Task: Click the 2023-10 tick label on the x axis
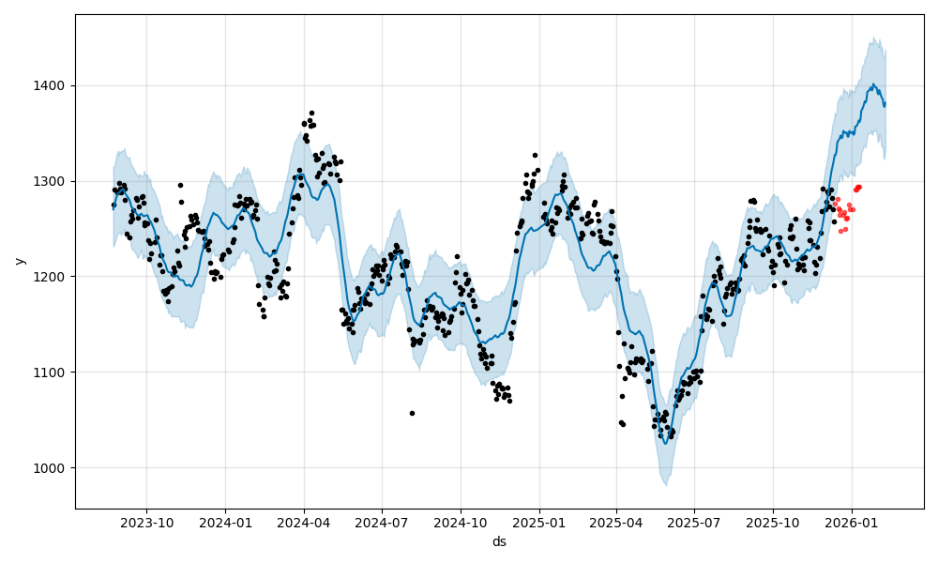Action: click(x=146, y=523)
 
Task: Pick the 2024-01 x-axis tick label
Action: click(x=225, y=523)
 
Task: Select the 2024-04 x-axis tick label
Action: click(x=303, y=523)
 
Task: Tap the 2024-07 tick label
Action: click(x=382, y=523)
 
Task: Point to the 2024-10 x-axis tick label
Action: click(x=461, y=523)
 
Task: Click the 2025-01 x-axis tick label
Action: click(x=539, y=523)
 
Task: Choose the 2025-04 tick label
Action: click(x=616, y=523)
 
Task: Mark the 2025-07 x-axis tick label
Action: click(x=695, y=523)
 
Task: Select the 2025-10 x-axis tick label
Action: click(x=774, y=523)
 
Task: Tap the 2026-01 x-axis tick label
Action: click(x=853, y=523)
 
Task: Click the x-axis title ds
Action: click(x=499, y=541)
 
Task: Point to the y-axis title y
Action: click(x=18, y=261)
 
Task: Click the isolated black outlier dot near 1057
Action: click(x=412, y=413)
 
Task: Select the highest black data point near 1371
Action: click(x=311, y=114)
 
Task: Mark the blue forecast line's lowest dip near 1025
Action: click(x=664, y=442)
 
